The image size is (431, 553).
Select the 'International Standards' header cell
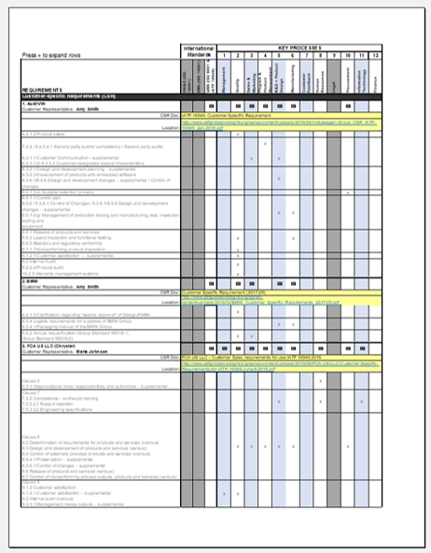(197, 49)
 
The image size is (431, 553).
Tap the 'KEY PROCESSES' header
(299, 45)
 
